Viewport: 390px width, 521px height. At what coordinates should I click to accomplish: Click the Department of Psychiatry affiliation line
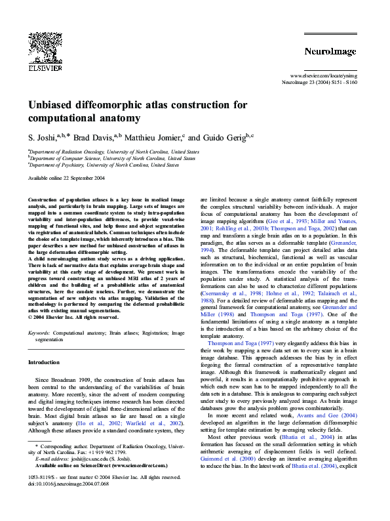pyautogui.click(x=104, y=165)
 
